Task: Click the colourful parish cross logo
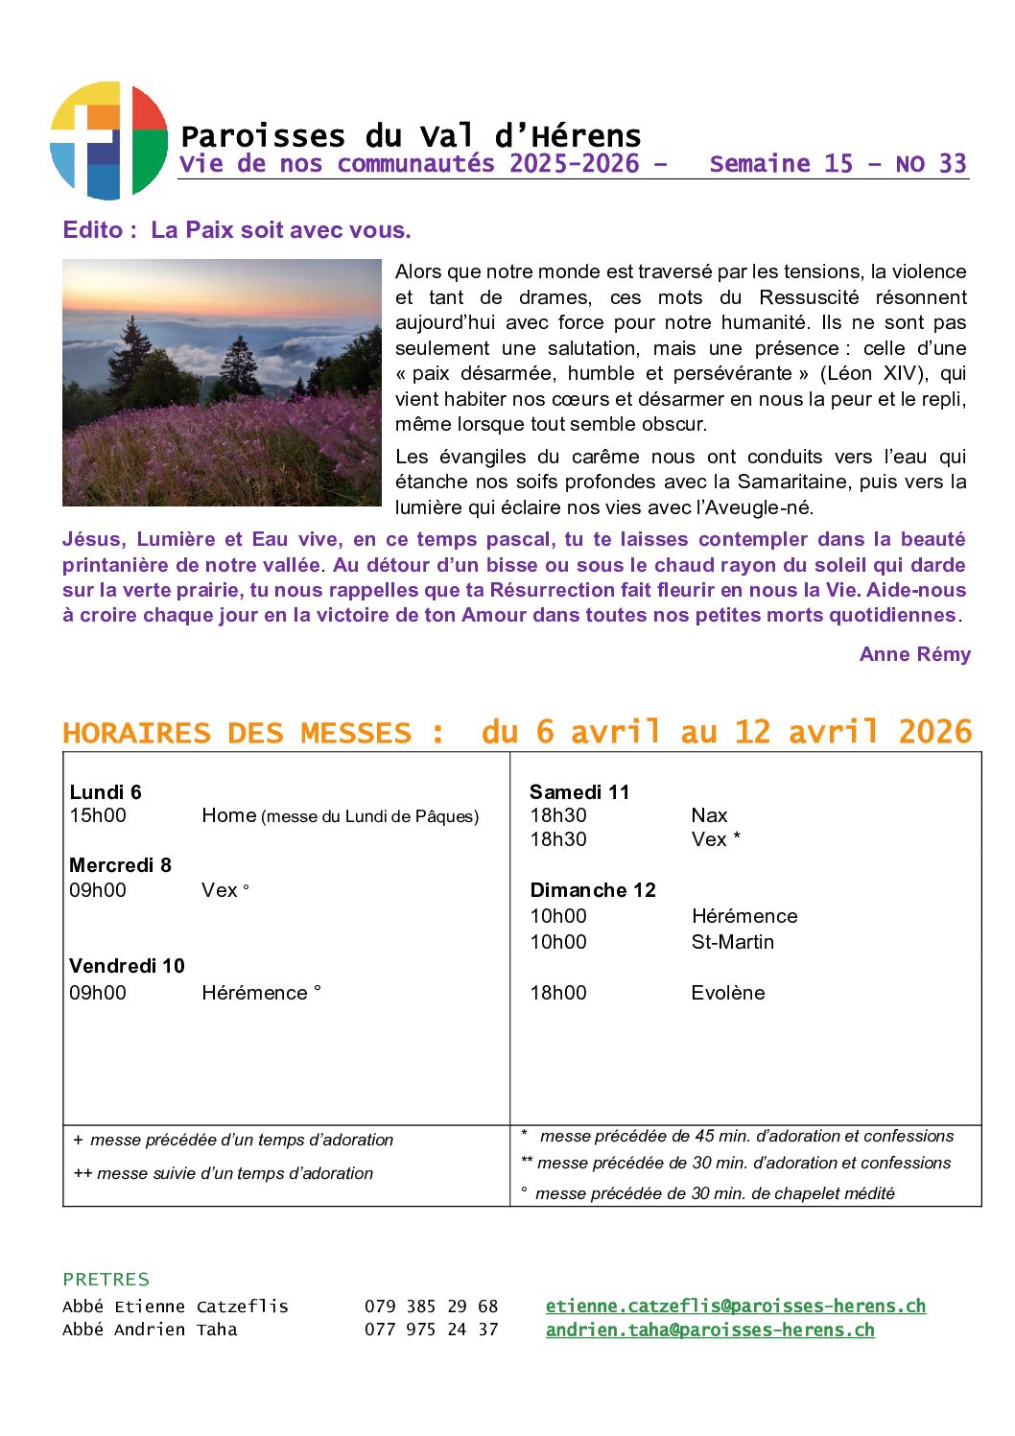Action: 108,141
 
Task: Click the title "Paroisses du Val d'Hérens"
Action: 410,136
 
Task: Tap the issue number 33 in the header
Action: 952,164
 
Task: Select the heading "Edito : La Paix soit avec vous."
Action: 236,230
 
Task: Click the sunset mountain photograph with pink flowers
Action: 222,382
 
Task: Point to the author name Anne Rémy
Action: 914,654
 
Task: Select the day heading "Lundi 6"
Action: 106,791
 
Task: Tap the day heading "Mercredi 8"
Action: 120,865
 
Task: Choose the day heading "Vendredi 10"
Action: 127,966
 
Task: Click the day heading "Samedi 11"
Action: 579,791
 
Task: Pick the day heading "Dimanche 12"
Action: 593,890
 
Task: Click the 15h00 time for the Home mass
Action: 98,815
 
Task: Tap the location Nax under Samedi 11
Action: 709,815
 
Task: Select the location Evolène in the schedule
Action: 728,993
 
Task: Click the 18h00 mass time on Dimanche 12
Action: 558,993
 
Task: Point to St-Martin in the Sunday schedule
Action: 732,942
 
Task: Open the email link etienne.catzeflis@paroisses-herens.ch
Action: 736,1306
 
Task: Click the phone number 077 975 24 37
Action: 431,1330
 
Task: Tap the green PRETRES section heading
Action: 106,1279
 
